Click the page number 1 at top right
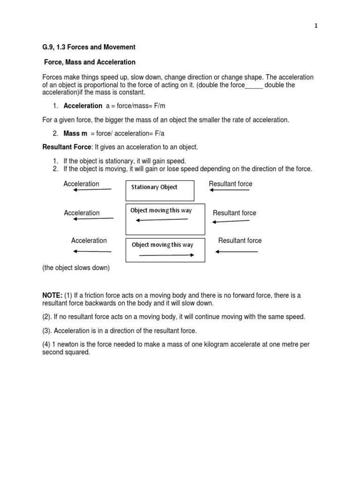tap(316, 26)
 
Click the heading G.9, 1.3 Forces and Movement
tap(89, 47)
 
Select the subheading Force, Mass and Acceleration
tap(90, 62)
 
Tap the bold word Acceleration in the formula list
tap(82, 105)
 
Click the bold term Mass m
tap(75, 134)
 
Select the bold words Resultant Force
tap(65, 147)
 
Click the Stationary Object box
tap(159, 190)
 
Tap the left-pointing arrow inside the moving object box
tap(162, 219)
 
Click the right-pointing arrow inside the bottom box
tap(166, 255)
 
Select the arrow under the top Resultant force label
tap(230, 190)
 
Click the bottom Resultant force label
tap(240, 240)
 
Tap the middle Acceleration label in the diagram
tap(82, 213)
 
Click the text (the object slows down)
tap(76, 268)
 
